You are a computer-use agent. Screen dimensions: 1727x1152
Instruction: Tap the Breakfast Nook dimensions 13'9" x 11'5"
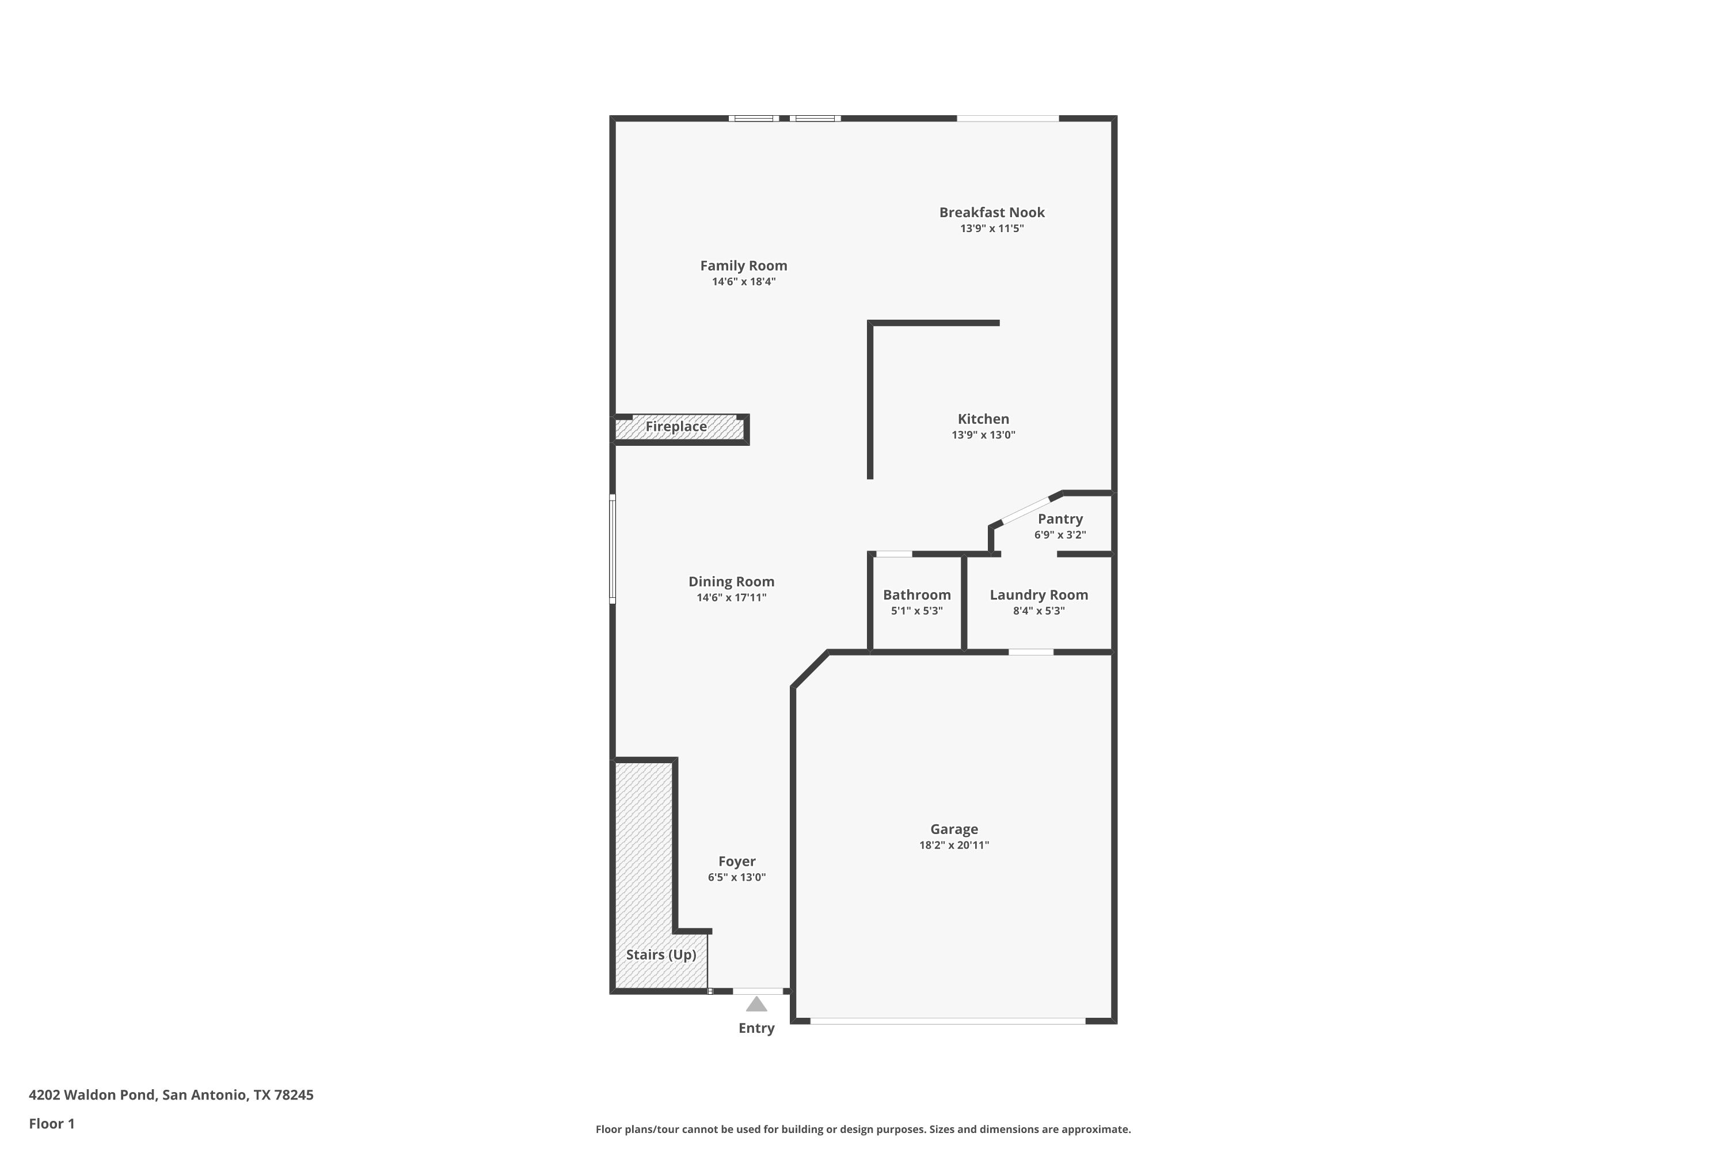click(991, 229)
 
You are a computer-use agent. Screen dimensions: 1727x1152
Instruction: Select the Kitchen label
click(983, 419)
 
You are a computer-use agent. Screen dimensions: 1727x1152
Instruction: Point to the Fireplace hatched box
click(679, 429)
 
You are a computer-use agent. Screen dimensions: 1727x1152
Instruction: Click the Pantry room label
click(1060, 519)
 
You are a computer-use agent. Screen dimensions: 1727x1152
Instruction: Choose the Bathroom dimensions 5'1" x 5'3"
click(916, 611)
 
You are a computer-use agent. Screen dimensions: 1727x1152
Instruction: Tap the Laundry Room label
click(1039, 595)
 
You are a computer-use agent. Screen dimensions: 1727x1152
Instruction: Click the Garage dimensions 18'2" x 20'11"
click(954, 845)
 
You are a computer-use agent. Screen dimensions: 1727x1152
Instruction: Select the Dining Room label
click(731, 581)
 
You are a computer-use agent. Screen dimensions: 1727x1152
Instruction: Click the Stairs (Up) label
click(661, 954)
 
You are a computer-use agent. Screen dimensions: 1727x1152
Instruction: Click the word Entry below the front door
click(756, 1028)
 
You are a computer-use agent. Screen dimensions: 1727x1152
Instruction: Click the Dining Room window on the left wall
click(613, 550)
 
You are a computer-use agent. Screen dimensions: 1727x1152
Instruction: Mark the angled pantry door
click(1026, 510)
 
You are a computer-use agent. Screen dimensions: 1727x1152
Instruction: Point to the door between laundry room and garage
click(1031, 651)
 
